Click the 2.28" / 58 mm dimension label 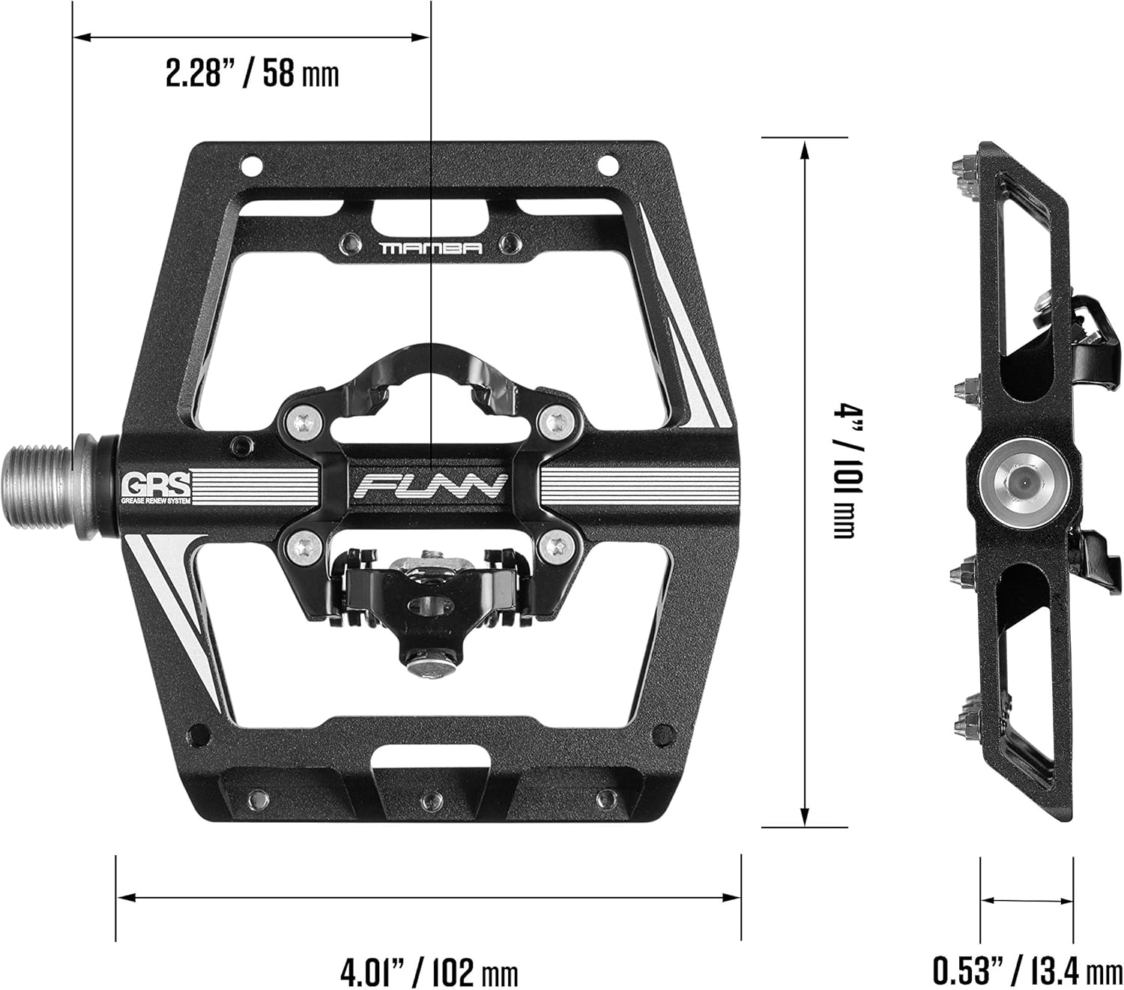point(252,74)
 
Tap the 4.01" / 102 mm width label point(429,973)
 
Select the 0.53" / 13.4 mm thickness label point(1027,971)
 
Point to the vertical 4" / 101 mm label point(844,471)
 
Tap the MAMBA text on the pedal point(430,248)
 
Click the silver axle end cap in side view point(1022,483)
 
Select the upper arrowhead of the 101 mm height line point(804,150)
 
